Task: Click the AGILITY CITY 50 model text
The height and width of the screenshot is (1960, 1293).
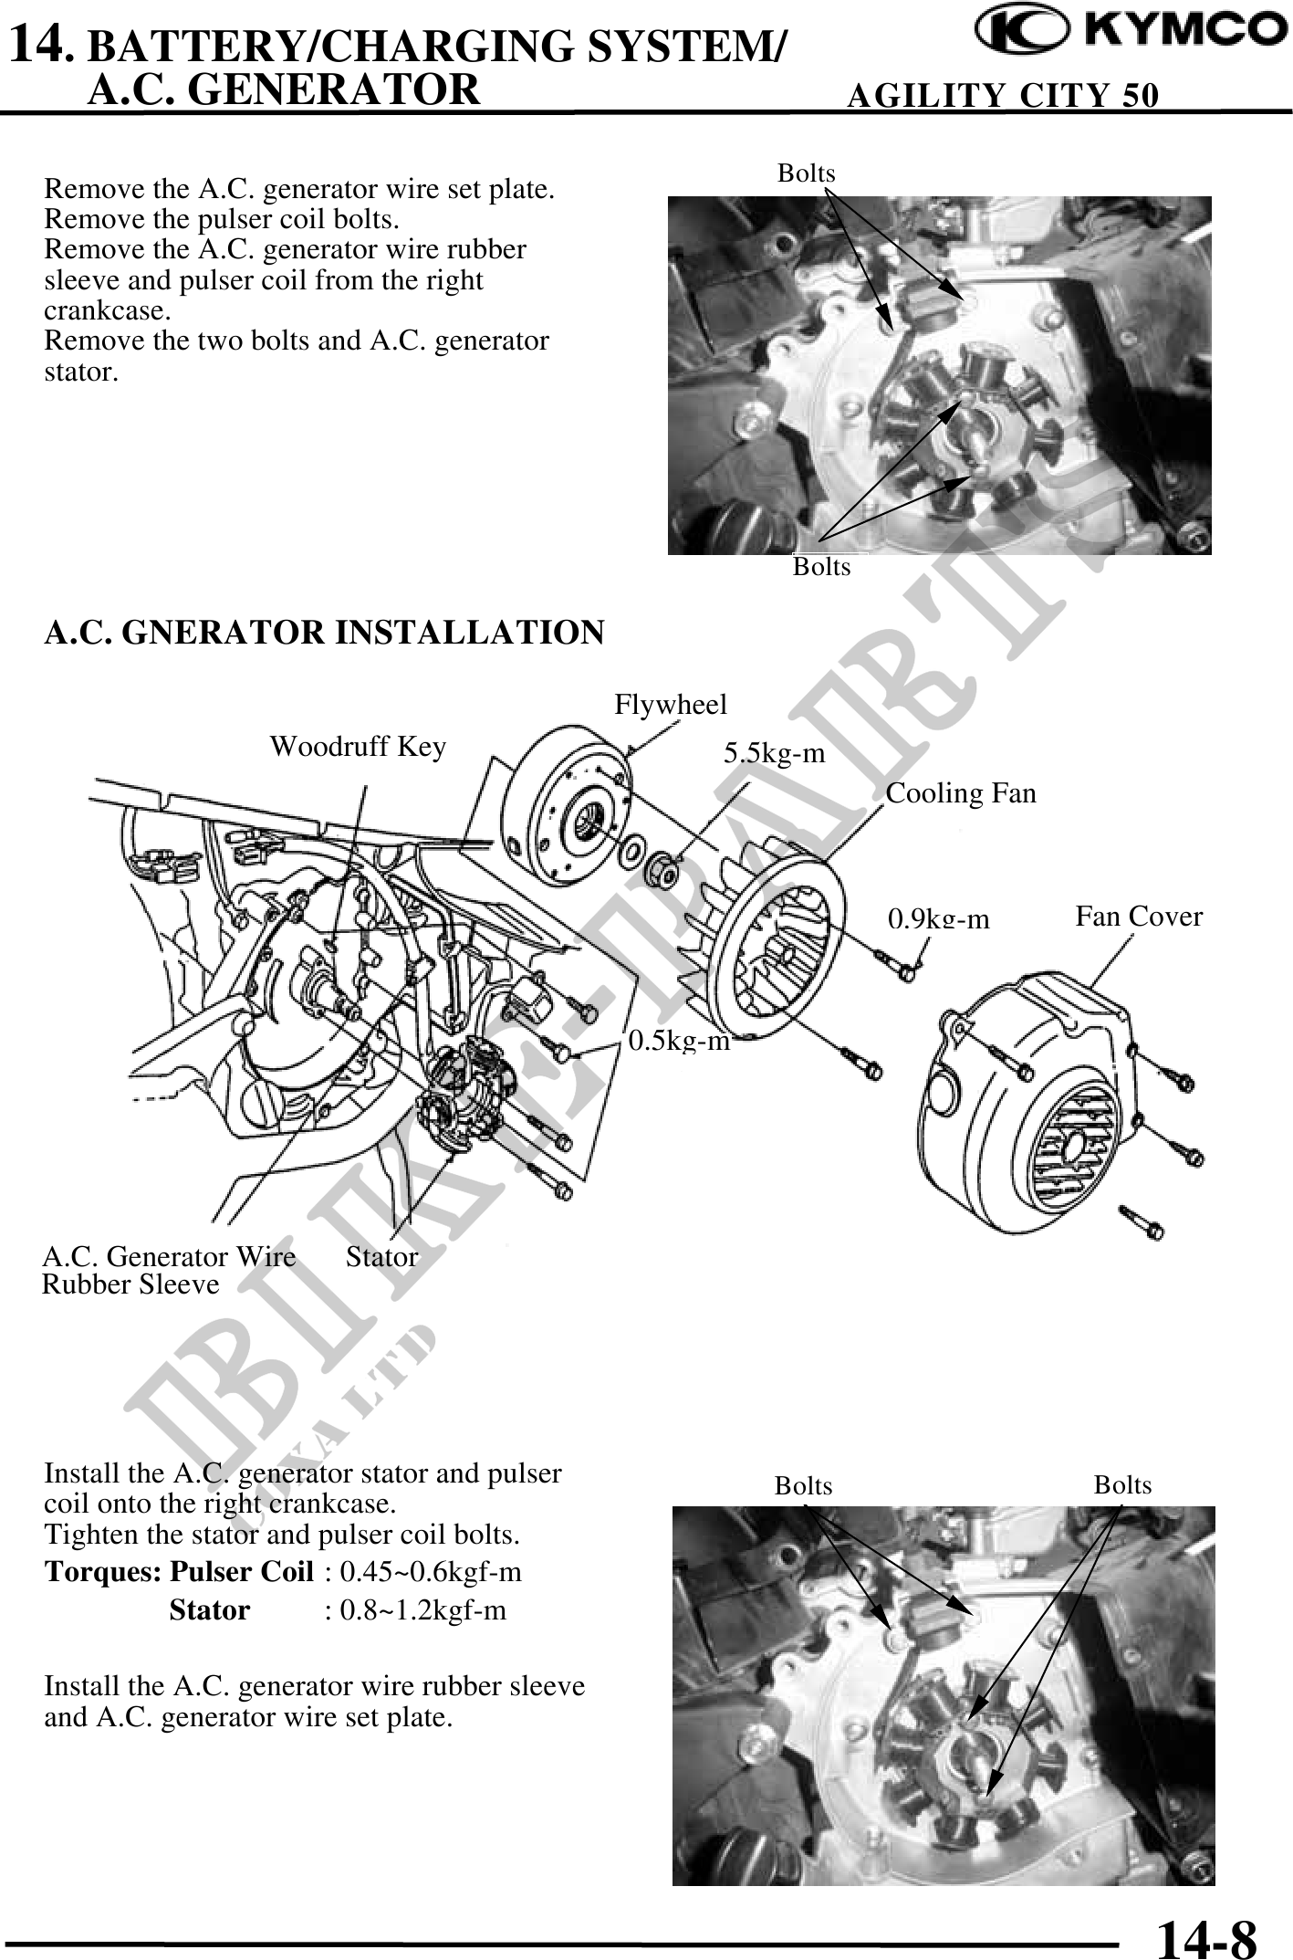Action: click(x=1003, y=95)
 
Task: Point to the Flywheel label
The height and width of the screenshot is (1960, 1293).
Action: click(x=671, y=705)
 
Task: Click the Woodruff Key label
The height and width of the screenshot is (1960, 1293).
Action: click(x=358, y=747)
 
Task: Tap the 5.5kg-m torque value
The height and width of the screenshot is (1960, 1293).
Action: click(x=774, y=753)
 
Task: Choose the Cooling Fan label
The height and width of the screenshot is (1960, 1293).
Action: click(x=961, y=793)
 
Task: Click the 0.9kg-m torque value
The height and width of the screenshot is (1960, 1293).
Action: click(x=939, y=918)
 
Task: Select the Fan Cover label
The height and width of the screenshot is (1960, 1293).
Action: click(x=1139, y=917)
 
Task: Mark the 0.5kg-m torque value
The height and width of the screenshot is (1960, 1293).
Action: click(x=680, y=1041)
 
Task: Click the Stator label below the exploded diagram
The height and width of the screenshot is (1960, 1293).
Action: click(x=381, y=1257)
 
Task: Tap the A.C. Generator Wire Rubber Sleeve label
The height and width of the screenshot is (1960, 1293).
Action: click(x=169, y=1270)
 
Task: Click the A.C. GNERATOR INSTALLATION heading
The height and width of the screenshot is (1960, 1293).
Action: click(x=324, y=633)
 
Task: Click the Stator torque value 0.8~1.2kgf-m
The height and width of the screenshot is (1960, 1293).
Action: click(x=422, y=1609)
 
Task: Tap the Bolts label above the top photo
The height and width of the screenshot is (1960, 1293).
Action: click(x=806, y=173)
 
